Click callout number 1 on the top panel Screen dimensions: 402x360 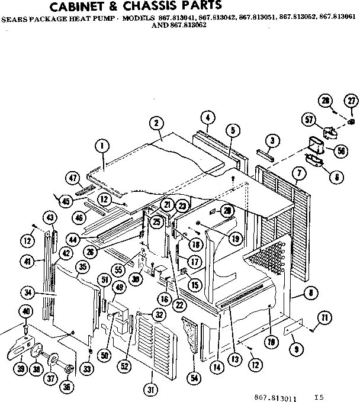102,145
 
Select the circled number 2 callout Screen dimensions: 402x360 156,123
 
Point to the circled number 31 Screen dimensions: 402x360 152,389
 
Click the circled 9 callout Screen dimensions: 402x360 295,350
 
